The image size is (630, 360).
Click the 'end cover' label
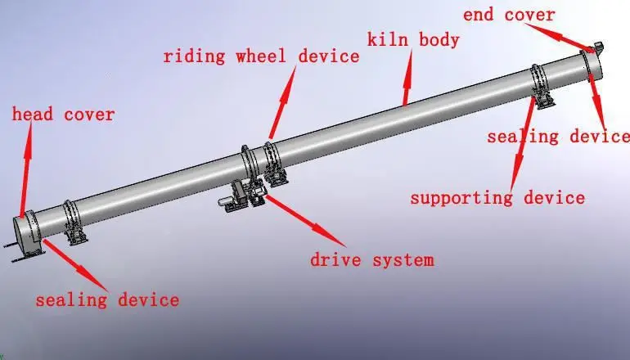pyautogui.click(x=508, y=15)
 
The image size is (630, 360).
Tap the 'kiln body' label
pyautogui.click(x=413, y=39)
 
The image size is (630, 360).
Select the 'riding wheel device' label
pyautogui.click(x=261, y=56)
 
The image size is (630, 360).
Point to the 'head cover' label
pyautogui.click(x=63, y=115)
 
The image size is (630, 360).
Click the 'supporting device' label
pyautogui.click(x=497, y=197)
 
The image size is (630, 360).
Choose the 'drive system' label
pyautogui.click(x=371, y=260)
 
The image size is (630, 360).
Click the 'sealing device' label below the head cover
pyautogui.click(x=106, y=300)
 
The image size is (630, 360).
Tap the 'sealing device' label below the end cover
pyautogui.click(x=558, y=137)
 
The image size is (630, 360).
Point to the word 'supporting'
pyautogui.click(x=461, y=197)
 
